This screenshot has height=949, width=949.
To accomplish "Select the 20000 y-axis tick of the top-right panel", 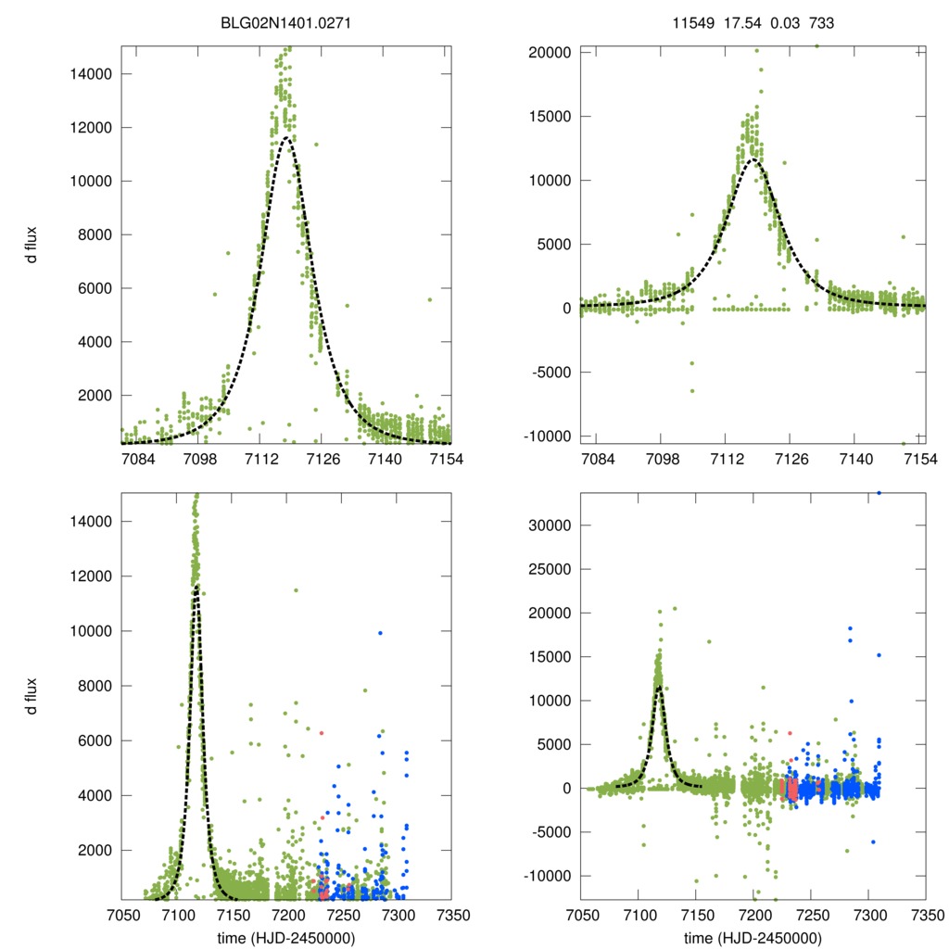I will point(549,53).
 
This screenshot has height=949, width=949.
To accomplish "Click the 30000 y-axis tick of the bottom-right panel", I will point(549,525).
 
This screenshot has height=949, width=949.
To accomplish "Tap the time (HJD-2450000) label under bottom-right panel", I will point(753,937).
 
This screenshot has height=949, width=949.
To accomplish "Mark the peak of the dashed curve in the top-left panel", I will point(288,138).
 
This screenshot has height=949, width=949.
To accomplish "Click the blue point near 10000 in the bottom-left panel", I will point(380,633).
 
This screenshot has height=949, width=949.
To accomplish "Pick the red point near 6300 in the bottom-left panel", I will point(322,733).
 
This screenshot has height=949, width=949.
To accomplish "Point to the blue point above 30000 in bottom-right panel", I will point(879,493).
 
